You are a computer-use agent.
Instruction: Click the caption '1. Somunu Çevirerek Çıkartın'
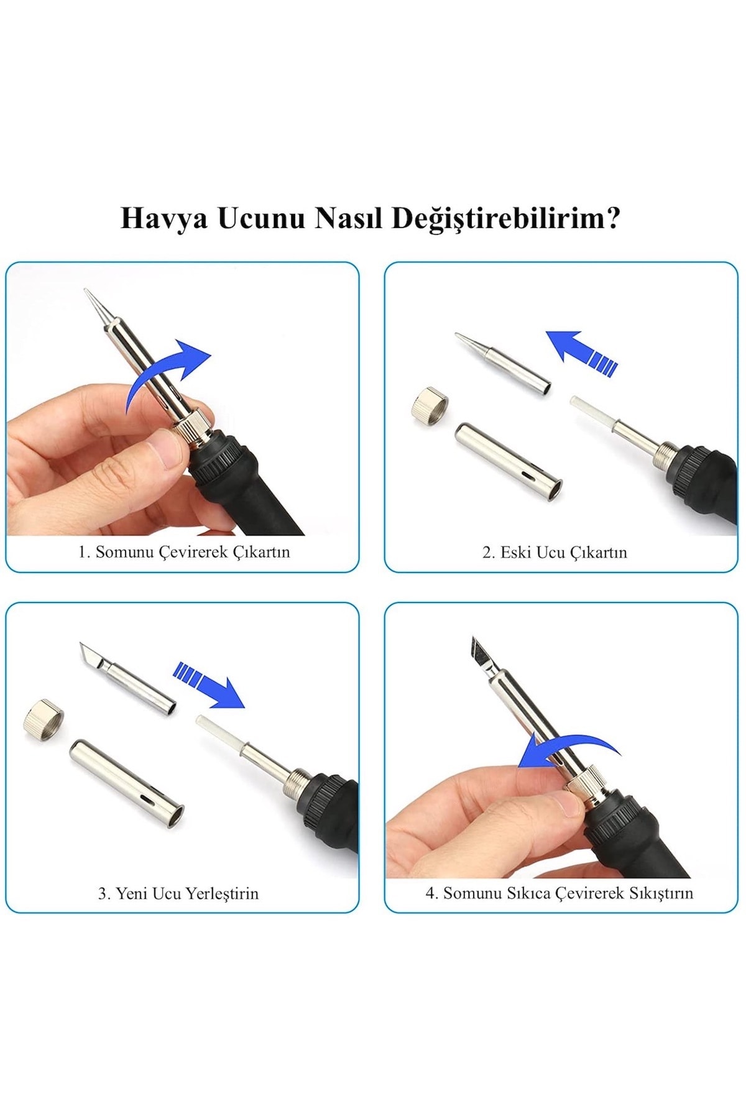tap(184, 552)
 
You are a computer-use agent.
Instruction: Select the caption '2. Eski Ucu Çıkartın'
tap(555, 552)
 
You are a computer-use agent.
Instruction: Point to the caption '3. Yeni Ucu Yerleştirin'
tap(178, 893)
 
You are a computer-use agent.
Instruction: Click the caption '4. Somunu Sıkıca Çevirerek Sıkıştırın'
tap(559, 893)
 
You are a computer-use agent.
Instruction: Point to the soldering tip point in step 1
tap(85, 290)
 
